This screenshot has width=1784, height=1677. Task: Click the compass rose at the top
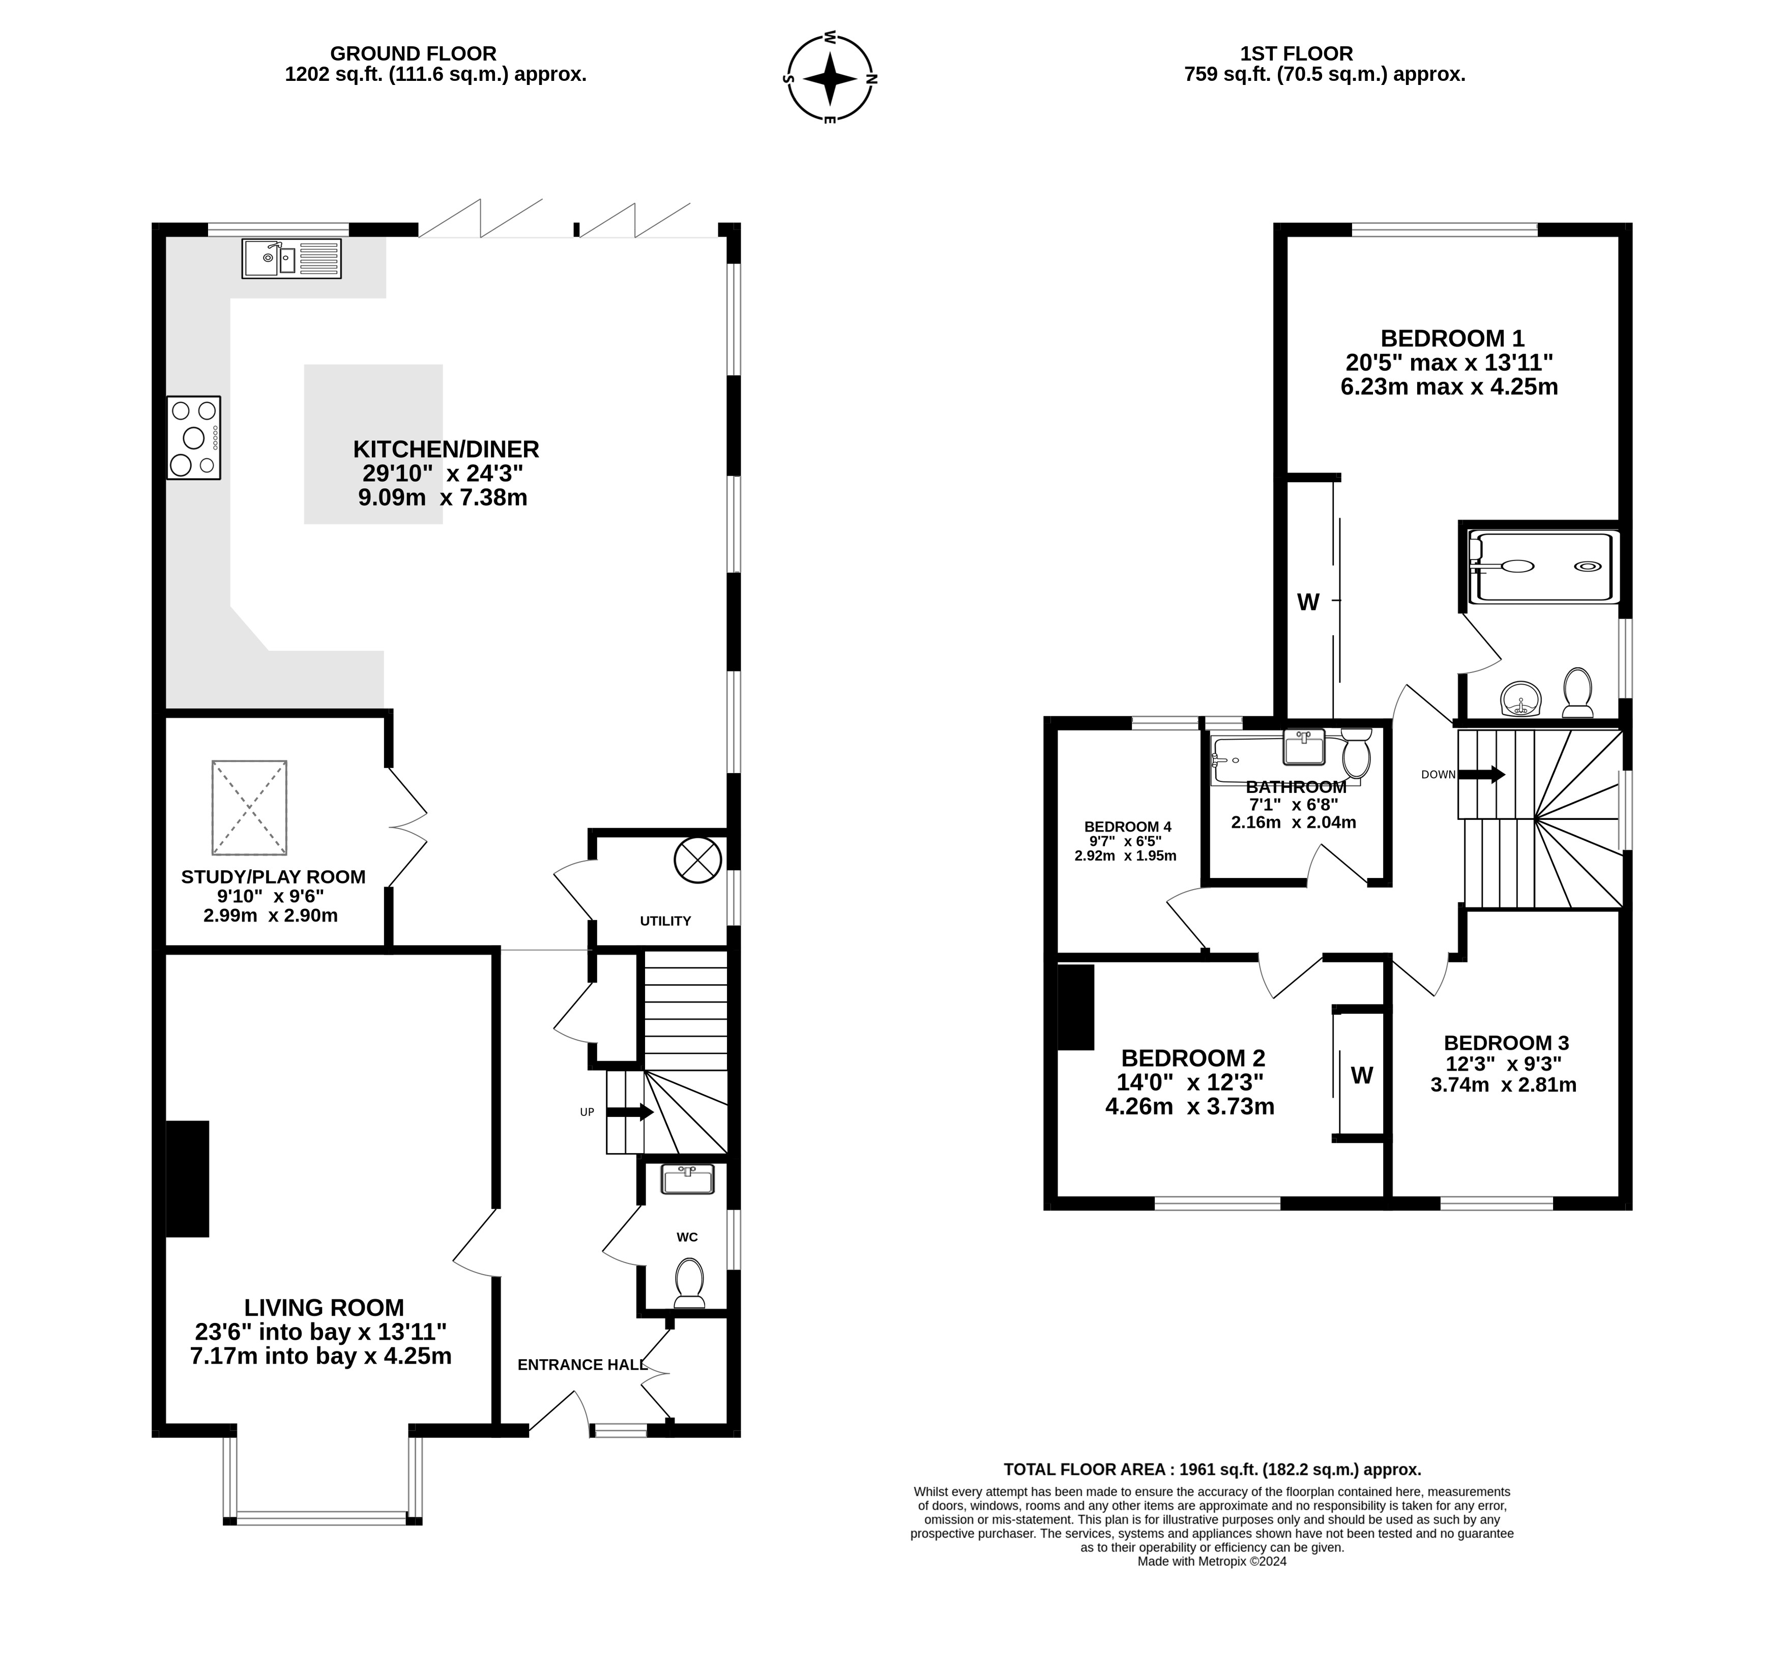click(x=830, y=78)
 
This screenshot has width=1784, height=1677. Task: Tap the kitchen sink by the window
click(x=291, y=258)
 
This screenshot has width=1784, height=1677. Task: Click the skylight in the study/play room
click(x=249, y=808)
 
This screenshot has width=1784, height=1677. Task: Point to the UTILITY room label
click(x=665, y=921)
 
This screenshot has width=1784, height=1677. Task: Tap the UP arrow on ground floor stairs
click(x=630, y=1112)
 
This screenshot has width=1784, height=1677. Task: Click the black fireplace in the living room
click(x=188, y=1179)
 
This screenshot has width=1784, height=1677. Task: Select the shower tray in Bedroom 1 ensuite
click(x=1543, y=566)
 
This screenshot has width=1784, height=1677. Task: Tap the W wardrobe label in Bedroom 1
click(x=1308, y=602)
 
